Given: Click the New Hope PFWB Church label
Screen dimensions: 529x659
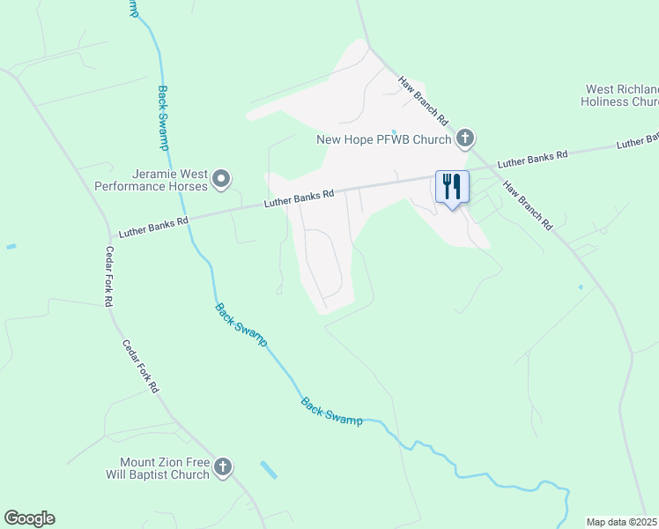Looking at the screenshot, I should point(383,139).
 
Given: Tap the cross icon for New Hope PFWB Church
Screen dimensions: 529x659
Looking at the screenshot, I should point(465,138).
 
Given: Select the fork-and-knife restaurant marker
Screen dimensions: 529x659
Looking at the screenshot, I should point(452,188).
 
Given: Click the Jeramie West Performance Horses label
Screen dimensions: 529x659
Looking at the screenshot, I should point(151,180).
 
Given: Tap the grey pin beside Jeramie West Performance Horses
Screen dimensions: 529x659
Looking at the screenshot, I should point(221,180).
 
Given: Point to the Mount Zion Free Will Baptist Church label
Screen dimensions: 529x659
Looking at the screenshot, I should point(166,468).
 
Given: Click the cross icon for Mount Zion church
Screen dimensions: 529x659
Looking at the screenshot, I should point(223,467).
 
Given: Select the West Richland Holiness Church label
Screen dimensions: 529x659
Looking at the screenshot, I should point(620,95).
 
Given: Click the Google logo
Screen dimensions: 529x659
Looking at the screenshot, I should point(29,518).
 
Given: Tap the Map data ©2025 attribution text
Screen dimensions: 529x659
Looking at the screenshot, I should point(621,522).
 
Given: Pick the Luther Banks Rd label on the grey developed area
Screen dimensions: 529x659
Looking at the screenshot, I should point(300,198).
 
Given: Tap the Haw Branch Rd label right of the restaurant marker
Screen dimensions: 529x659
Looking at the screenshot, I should point(528,205).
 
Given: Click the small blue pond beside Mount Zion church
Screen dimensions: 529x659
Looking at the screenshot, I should point(268,469).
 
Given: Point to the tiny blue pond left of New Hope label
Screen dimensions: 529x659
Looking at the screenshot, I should point(394,123).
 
